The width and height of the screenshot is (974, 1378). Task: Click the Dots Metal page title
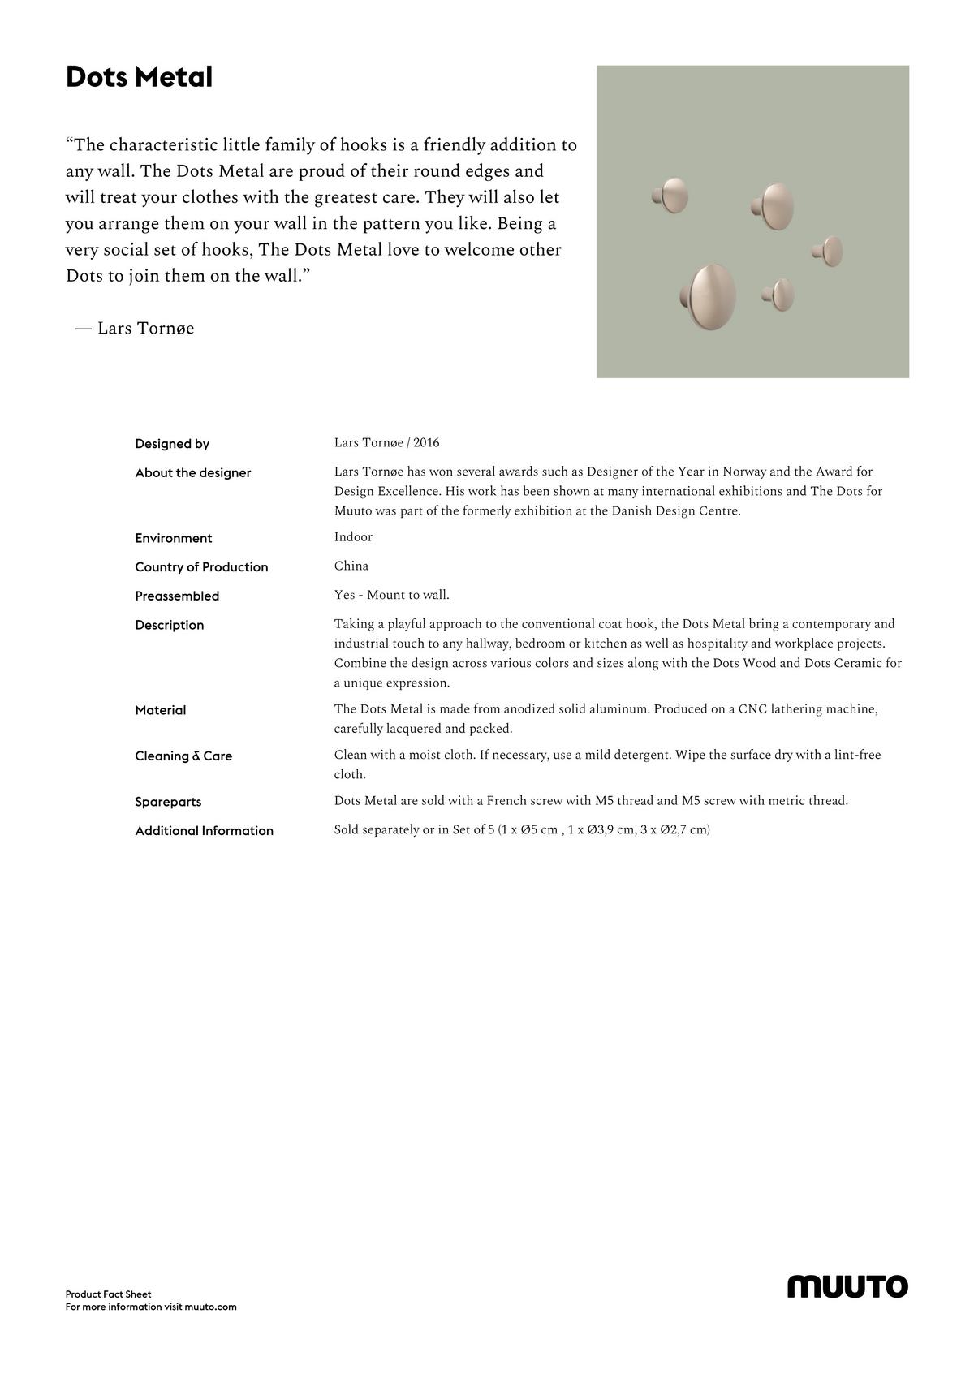coord(139,77)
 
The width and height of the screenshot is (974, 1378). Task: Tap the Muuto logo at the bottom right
coord(847,1286)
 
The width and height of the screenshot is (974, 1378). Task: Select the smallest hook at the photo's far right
coord(829,252)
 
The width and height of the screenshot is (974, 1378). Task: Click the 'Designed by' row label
coord(172,444)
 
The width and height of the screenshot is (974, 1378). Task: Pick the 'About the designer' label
coord(193,473)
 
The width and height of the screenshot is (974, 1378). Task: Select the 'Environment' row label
coord(174,538)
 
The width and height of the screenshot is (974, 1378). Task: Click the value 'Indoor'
coord(353,537)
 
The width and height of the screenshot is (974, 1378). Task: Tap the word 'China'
coord(351,566)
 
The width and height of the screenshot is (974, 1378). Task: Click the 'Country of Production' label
coord(201,567)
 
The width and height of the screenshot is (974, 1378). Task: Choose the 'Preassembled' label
coord(177,596)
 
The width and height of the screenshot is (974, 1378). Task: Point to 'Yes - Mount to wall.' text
coord(391,595)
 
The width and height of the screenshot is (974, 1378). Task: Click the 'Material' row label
coord(161,710)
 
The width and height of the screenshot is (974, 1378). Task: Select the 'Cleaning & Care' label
coord(183,756)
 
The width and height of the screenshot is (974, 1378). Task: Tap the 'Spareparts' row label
coord(168,802)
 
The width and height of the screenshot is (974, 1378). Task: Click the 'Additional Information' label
coord(205,831)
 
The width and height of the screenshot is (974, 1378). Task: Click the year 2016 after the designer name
coord(426,443)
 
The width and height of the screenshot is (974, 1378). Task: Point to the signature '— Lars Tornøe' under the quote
coord(135,329)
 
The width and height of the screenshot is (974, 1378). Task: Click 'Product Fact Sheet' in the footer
coord(108,1294)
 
